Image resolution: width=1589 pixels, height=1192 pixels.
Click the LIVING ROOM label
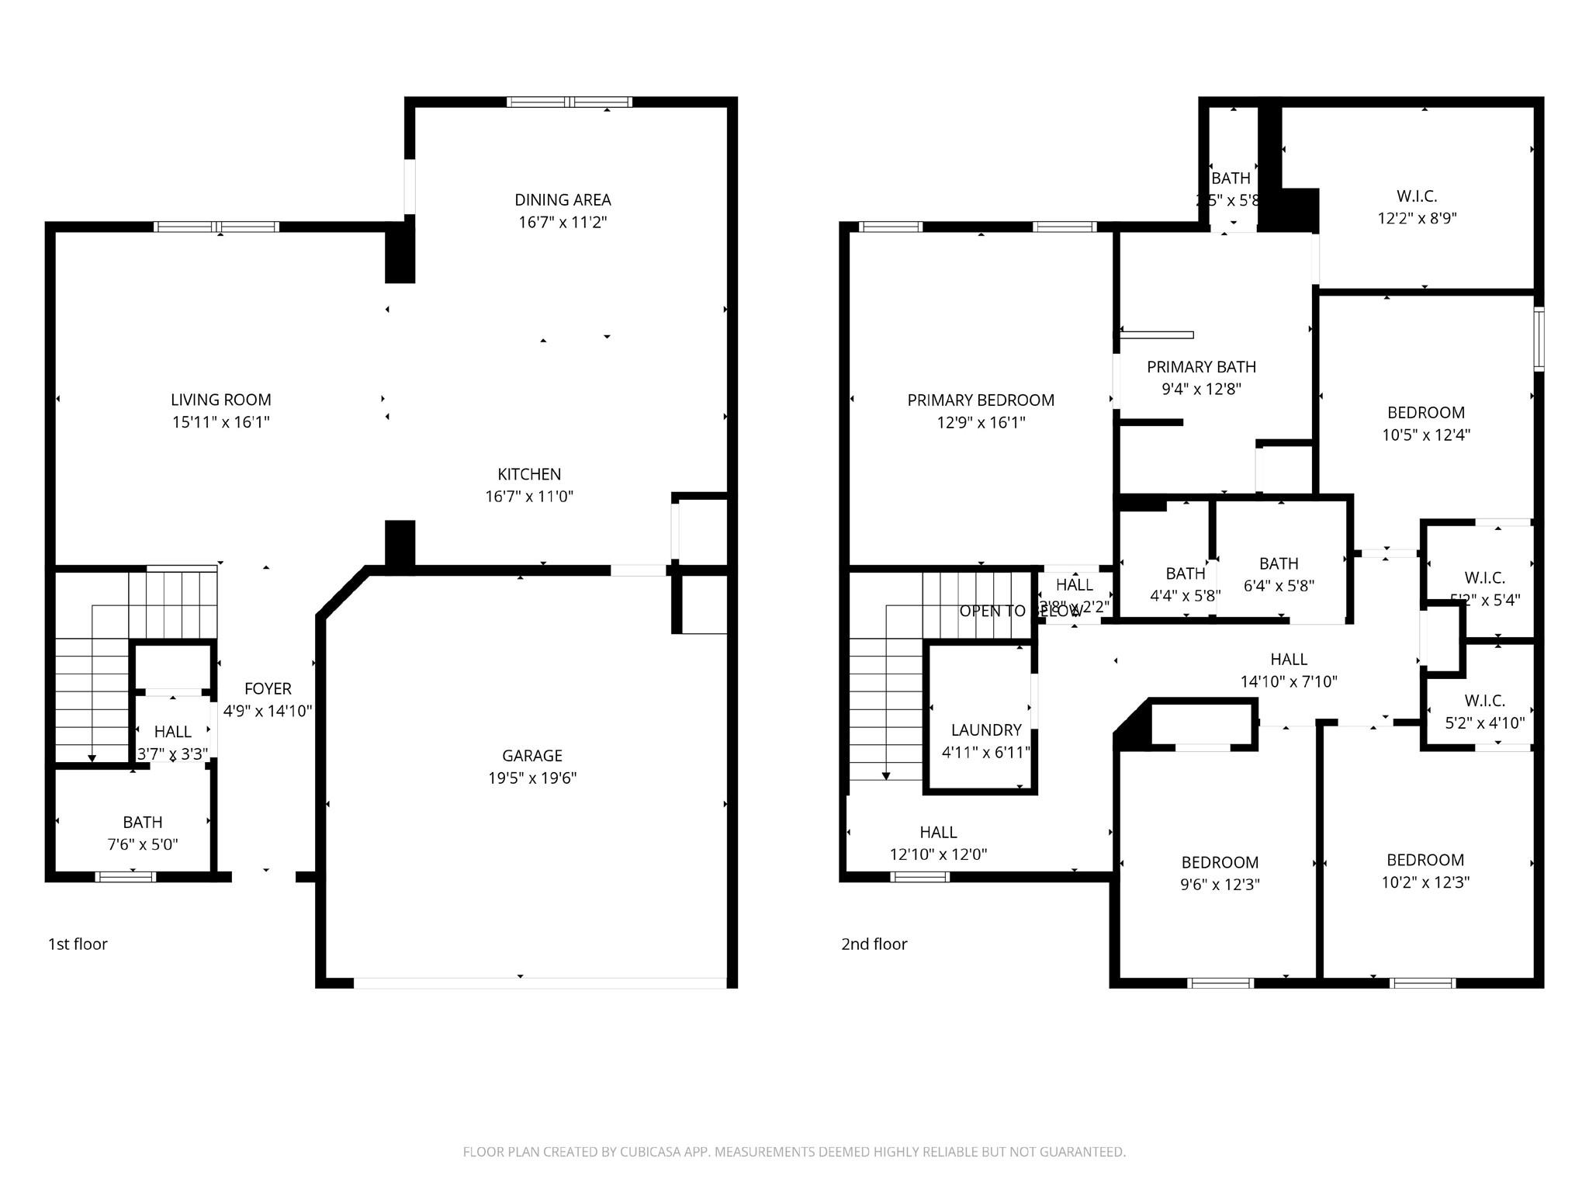pyautogui.click(x=221, y=400)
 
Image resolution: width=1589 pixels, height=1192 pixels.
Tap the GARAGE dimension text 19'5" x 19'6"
pyautogui.click(x=532, y=778)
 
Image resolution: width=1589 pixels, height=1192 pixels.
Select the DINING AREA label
pyautogui.click(x=563, y=199)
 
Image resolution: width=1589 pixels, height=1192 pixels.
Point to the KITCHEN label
pyautogui.click(x=529, y=473)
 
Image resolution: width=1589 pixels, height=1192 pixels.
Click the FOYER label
pyautogui.click(x=268, y=688)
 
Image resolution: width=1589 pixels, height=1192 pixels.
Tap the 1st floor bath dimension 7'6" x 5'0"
pyautogui.click(x=143, y=844)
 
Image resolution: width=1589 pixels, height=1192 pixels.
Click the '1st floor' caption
pyautogui.click(x=78, y=944)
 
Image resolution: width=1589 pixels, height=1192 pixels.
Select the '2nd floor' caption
pyautogui.click(x=874, y=944)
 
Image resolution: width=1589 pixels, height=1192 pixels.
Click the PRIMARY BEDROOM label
pyautogui.click(x=981, y=400)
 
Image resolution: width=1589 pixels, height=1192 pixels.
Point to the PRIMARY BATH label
pyautogui.click(x=1201, y=366)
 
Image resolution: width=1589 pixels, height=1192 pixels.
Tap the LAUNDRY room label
pyautogui.click(x=986, y=729)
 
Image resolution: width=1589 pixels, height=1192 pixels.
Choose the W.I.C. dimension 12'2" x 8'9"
pyautogui.click(x=1417, y=218)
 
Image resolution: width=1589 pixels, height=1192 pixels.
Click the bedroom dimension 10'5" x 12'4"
pyautogui.click(x=1426, y=435)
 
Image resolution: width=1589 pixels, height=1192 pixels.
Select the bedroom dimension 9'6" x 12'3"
pyautogui.click(x=1220, y=884)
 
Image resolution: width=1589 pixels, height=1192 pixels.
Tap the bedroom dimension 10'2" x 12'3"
pyautogui.click(x=1425, y=882)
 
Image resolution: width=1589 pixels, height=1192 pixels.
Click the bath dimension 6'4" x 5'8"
pyautogui.click(x=1279, y=586)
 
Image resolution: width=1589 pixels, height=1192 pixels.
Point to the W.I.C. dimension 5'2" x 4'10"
pyautogui.click(x=1484, y=722)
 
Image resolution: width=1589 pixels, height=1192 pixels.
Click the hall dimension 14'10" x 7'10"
pyautogui.click(x=1289, y=681)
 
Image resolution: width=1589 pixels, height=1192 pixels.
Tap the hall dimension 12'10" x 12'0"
pyautogui.click(x=938, y=854)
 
